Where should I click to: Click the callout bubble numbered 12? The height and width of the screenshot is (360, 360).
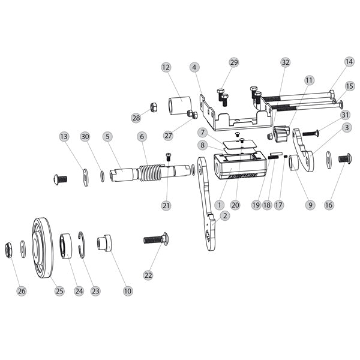pyautogui.click(x=166, y=68)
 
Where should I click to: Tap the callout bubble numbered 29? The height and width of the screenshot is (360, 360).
pyautogui.click(x=233, y=62)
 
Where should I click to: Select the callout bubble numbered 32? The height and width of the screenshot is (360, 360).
pyautogui.click(x=285, y=62)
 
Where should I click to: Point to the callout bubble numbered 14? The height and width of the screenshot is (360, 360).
pyautogui.click(x=349, y=62)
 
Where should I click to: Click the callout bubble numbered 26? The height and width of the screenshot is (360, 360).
pyautogui.click(x=22, y=291)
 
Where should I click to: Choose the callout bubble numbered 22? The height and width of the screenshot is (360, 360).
pyautogui.click(x=148, y=275)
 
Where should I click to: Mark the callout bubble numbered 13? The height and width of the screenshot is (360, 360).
pyautogui.click(x=64, y=137)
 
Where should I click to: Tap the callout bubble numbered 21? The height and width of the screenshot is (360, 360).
pyautogui.click(x=166, y=205)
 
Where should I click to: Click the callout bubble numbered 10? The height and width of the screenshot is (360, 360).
pyautogui.click(x=127, y=291)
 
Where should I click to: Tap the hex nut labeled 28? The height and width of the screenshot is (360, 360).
pyautogui.click(x=153, y=107)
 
